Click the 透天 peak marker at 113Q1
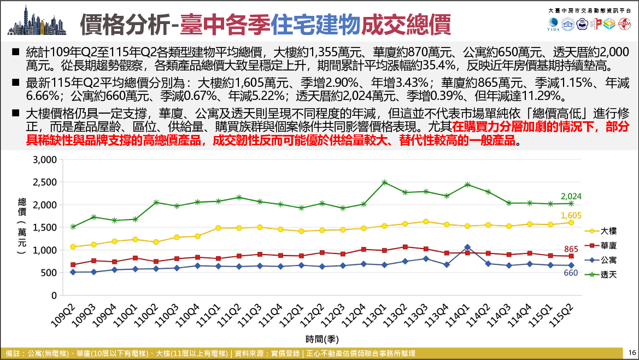pyautogui.click(x=384, y=182)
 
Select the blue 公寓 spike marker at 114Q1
pyautogui.click(x=467, y=247)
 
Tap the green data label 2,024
pyautogui.click(x=571, y=196)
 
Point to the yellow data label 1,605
pyautogui.click(x=571, y=215)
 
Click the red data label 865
pyautogui.click(x=571, y=249)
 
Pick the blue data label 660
pyautogui.click(x=571, y=273)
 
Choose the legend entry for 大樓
pyautogui.click(x=601, y=231)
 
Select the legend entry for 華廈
pyautogui.click(x=601, y=246)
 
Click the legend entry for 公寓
pyautogui.click(x=601, y=260)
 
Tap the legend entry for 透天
pyautogui.click(x=601, y=275)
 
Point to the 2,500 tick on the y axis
pyautogui.click(x=45, y=182)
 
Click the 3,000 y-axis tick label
pyautogui.click(x=45, y=160)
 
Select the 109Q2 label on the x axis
pyautogui.click(x=63, y=316)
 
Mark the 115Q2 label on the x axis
pyautogui.click(x=561, y=316)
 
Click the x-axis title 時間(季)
pyautogui.click(x=322, y=339)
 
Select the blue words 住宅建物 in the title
pyautogui.click(x=316, y=24)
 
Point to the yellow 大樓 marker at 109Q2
pyautogui.click(x=73, y=247)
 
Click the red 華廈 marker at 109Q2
pyautogui.click(x=73, y=265)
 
